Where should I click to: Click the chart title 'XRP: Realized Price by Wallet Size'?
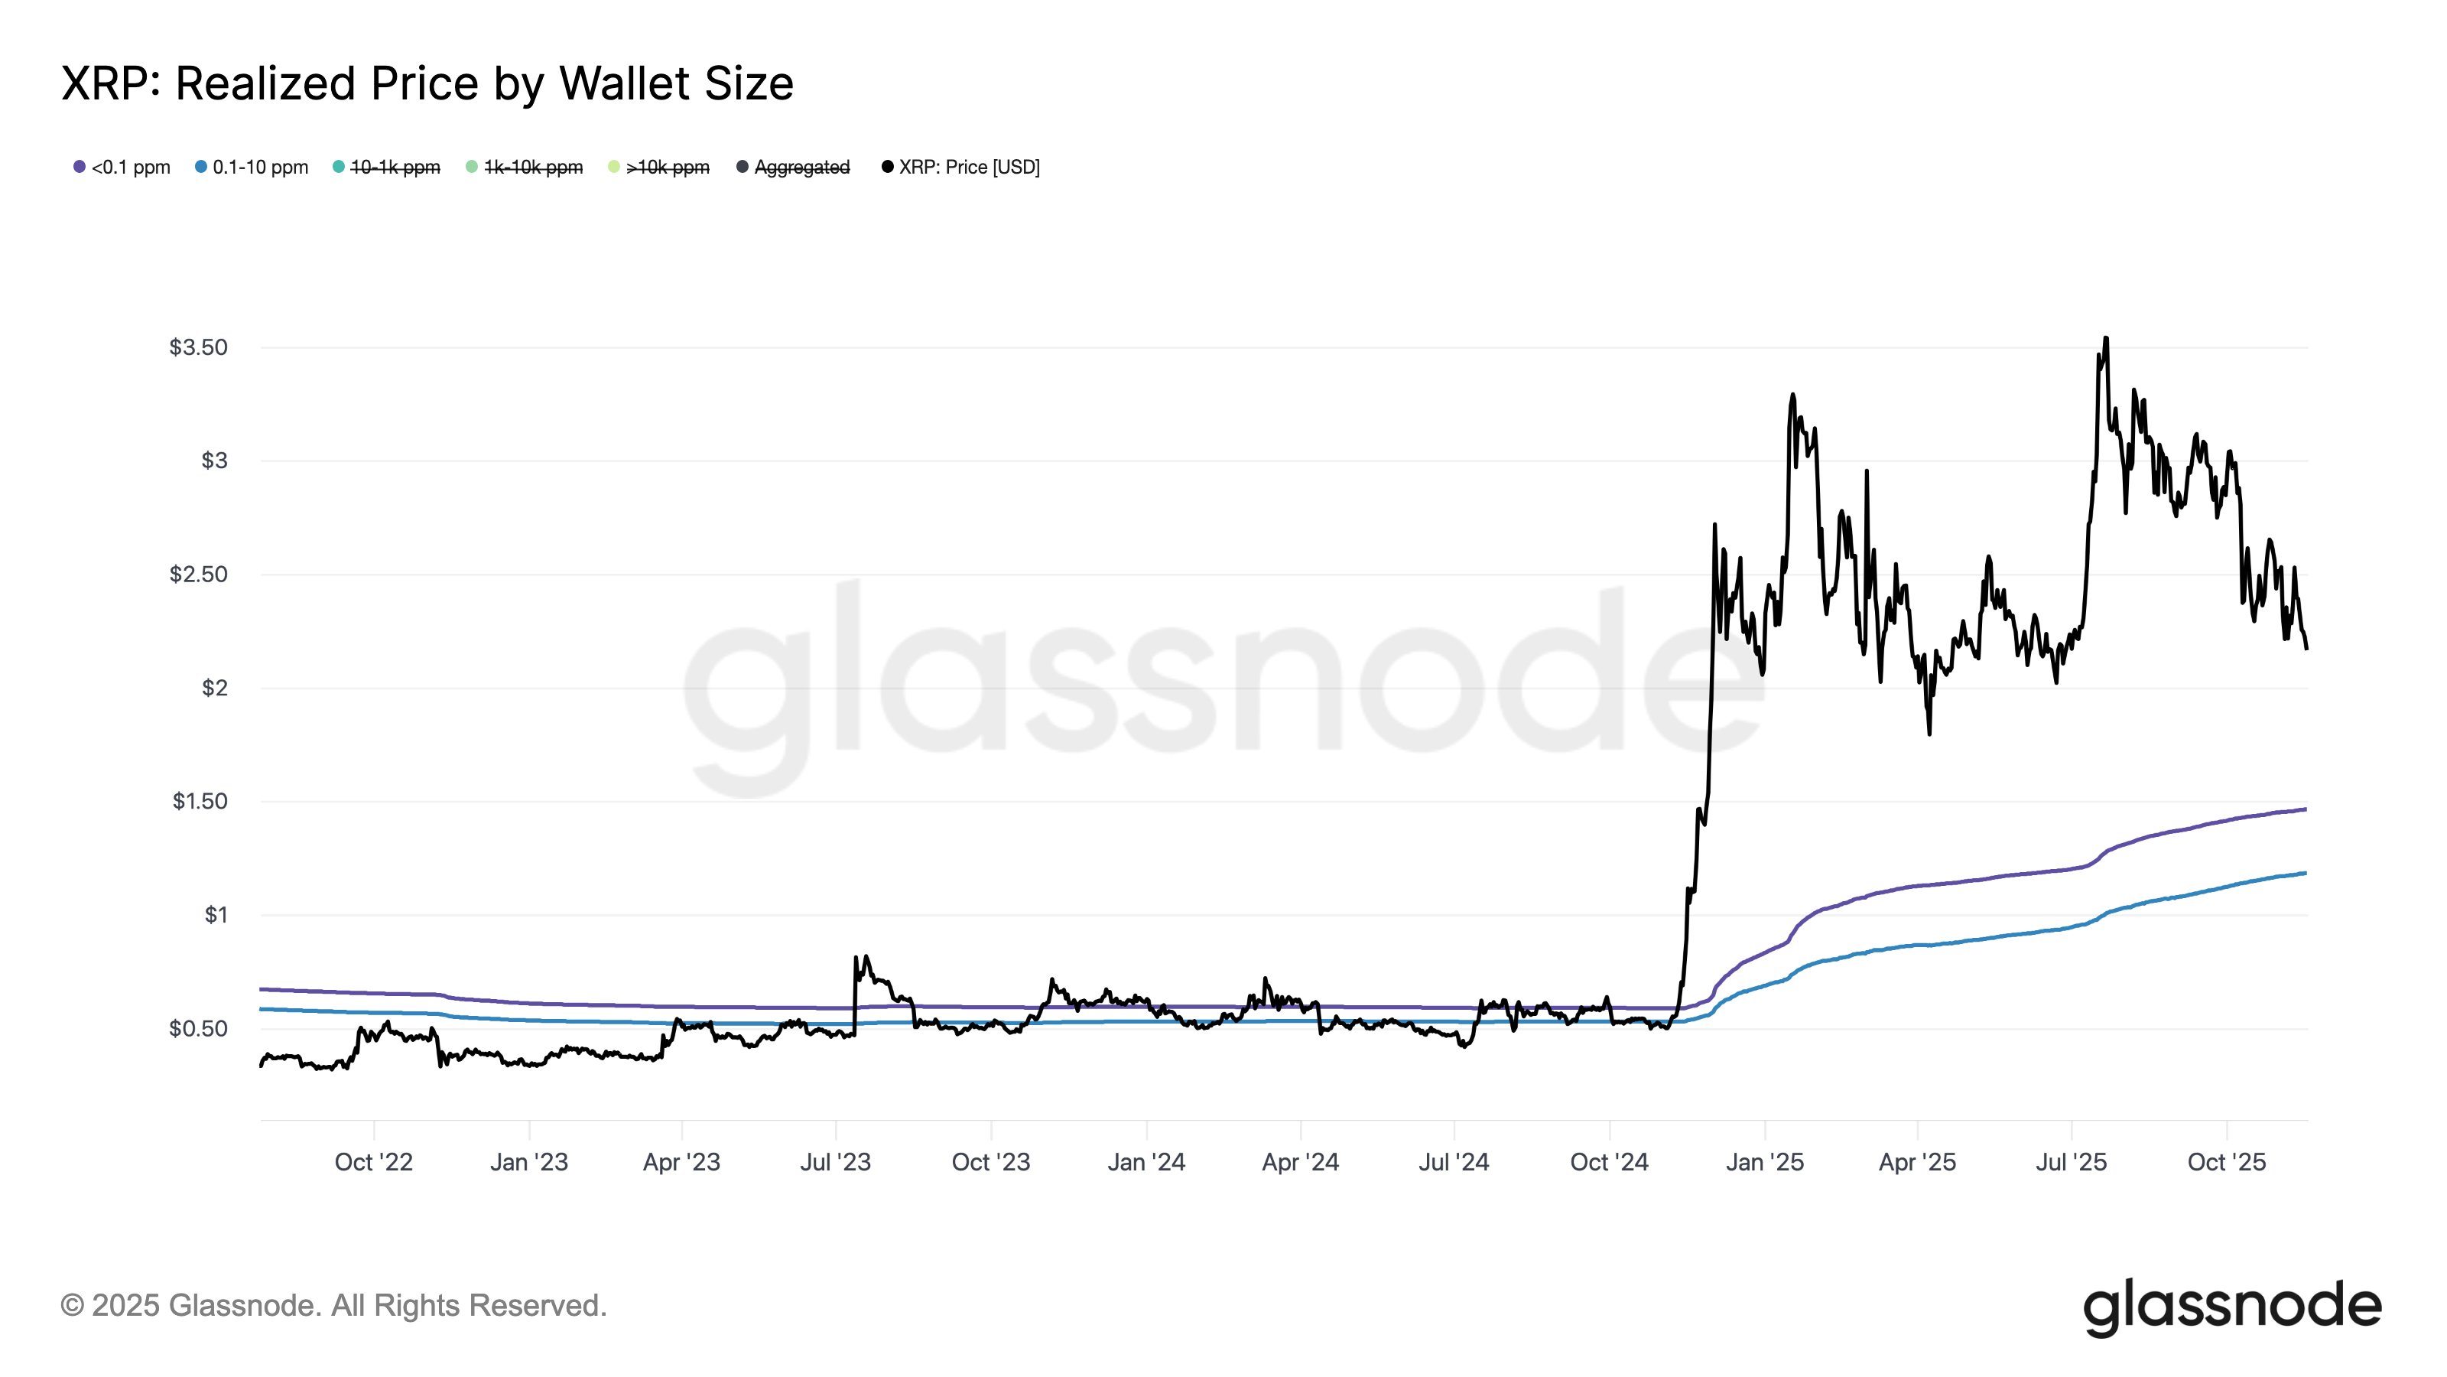pos(427,83)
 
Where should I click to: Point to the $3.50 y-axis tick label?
pos(199,347)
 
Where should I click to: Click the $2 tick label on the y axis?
pos(215,687)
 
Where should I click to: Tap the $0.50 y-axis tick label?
pos(199,1028)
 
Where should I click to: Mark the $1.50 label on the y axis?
pos(200,801)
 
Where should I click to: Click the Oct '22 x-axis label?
pos(373,1161)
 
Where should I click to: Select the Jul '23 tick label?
pos(835,1161)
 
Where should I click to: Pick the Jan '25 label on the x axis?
pos(1764,1161)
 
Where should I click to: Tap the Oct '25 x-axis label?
pos(2226,1161)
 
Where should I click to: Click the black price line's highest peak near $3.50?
pos(2106,338)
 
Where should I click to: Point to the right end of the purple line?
pos(2305,809)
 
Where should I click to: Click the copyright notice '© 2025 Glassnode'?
pos(333,1305)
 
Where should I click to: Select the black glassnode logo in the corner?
pos(2231,1307)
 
